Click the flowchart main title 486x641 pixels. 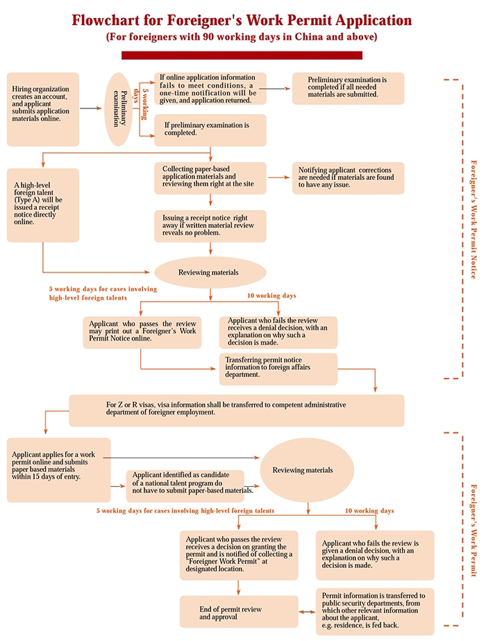(242, 20)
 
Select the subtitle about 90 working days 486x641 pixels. (242, 36)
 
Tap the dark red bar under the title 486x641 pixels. (242, 55)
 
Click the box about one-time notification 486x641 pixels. (210, 89)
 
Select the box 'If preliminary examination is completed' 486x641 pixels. (210, 130)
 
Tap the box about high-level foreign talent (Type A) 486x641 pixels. (43, 195)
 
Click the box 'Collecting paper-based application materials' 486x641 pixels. (210, 178)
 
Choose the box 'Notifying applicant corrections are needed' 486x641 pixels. (348, 178)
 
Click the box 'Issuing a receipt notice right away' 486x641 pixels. (210, 225)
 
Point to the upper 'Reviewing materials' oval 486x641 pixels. (209, 273)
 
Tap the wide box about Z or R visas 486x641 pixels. (236, 410)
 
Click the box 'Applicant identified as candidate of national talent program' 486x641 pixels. (185, 485)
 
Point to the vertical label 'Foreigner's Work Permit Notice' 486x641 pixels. (474, 219)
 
